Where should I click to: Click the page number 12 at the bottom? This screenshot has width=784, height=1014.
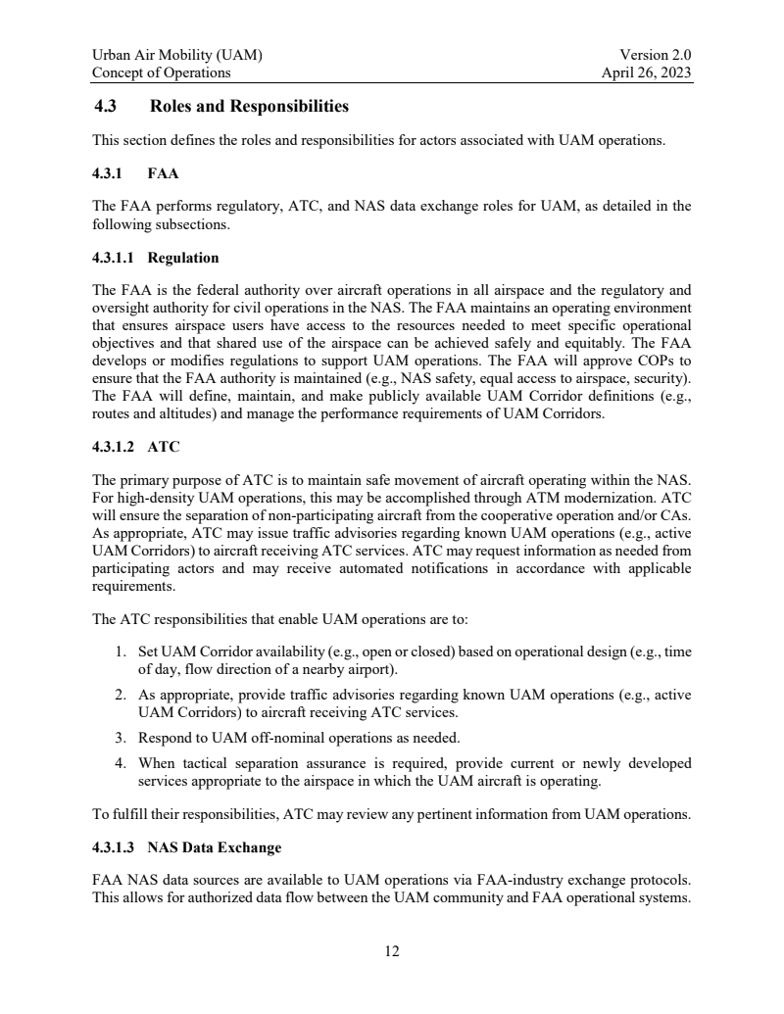coord(392,950)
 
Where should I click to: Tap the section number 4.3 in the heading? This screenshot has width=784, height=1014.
coord(105,106)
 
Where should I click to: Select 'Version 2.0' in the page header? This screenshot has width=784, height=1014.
coord(657,56)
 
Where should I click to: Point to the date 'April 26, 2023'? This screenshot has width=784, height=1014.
coord(648,72)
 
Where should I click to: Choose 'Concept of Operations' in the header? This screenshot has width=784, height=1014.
coord(161,72)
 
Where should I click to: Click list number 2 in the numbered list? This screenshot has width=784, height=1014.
coord(120,695)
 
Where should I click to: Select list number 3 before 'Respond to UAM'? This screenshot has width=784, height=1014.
coord(120,737)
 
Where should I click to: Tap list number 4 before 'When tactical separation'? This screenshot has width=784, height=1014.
coord(120,762)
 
